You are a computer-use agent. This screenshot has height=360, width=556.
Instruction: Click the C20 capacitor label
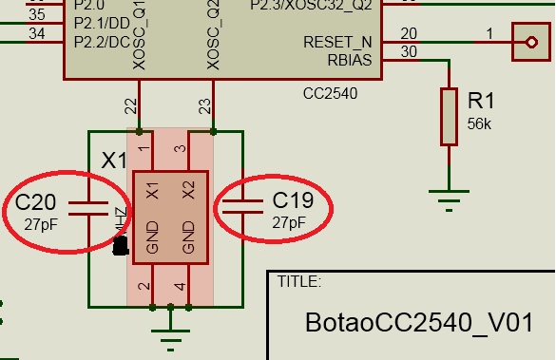pyautogui.click(x=37, y=201)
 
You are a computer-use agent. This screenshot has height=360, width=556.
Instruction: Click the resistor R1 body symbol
pyautogui.click(x=449, y=116)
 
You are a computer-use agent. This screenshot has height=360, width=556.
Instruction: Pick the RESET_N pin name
pyautogui.click(x=336, y=43)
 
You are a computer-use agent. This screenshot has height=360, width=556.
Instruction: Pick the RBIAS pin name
pyautogui.click(x=349, y=61)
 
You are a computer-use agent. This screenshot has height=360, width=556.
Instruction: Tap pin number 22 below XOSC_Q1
pyautogui.click(x=131, y=104)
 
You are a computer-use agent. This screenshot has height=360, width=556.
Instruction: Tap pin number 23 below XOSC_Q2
pyautogui.click(x=204, y=104)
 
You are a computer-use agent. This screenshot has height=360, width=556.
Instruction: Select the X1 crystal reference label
pyautogui.click(x=114, y=161)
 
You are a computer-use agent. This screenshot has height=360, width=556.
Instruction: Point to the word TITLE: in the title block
pyautogui.click(x=298, y=281)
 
